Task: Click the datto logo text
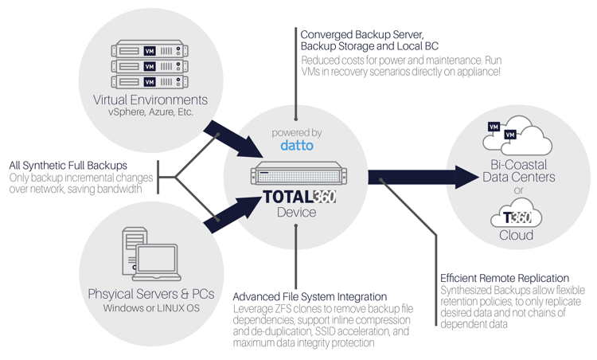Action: click(x=295, y=146)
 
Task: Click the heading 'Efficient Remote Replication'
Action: click(x=506, y=278)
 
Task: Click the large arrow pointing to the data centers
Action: click(x=421, y=177)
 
